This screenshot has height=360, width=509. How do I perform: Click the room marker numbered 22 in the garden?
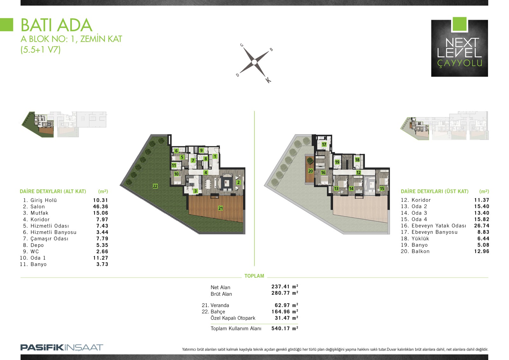coord(155,186)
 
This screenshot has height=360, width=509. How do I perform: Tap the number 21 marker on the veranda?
coord(220,208)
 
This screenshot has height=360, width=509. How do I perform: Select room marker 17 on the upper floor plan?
coord(324,145)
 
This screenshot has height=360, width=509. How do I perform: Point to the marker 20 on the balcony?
coord(310,171)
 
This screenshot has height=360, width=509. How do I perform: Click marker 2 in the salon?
coord(238,182)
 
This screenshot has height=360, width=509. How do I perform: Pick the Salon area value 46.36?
coord(101,207)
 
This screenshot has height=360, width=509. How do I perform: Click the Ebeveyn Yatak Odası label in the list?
coord(439,226)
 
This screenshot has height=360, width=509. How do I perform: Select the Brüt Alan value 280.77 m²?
coord(285,293)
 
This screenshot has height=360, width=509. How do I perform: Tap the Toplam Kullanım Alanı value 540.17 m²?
coord(285,328)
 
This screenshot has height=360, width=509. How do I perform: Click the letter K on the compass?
coord(268,80)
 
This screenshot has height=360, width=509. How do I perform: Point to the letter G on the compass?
coord(242,45)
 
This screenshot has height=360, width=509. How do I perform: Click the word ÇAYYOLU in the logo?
coord(460,63)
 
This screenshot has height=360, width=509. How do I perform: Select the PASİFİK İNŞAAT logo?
coord(62,348)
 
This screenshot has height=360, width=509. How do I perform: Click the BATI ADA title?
coord(57,25)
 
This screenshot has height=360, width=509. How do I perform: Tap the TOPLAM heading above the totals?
coord(254,276)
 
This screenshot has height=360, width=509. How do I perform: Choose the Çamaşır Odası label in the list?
coord(49,239)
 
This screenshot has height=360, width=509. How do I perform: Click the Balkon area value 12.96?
coord(482,251)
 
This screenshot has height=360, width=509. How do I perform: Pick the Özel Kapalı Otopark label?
coord(233,318)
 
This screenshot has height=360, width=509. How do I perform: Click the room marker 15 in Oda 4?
coord(382,188)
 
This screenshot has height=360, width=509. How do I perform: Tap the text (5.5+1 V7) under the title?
coord(40,50)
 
